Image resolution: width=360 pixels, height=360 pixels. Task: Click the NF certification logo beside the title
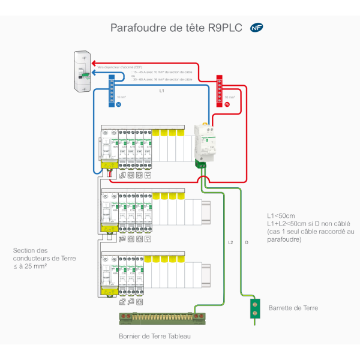click(x=257, y=28)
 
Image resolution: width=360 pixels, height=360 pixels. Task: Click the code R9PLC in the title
click(x=224, y=28)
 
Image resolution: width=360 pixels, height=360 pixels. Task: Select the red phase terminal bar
click(x=219, y=90)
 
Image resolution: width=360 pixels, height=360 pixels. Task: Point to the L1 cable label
click(x=161, y=91)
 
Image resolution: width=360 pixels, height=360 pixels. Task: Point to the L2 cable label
click(x=230, y=243)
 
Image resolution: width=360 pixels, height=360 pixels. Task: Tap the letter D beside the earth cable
click(x=247, y=243)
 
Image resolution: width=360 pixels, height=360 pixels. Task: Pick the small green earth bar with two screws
click(x=254, y=308)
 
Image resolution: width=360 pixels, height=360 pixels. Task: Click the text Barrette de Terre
click(x=294, y=308)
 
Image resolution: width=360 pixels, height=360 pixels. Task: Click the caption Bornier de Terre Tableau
click(x=155, y=337)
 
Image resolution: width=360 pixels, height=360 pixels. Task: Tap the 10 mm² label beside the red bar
click(x=229, y=96)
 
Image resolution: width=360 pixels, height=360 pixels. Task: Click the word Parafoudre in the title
click(x=137, y=28)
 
